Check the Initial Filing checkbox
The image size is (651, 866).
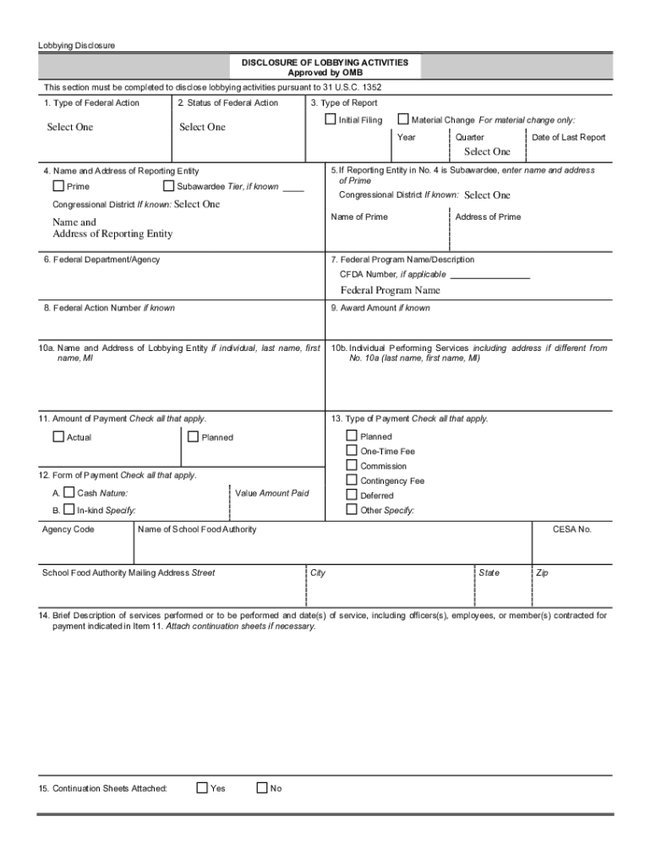tap(331, 119)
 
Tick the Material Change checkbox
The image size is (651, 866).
tap(403, 119)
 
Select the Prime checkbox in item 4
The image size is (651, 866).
tap(58, 186)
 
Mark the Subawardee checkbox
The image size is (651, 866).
tap(168, 186)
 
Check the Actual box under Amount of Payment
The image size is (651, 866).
tap(58, 436)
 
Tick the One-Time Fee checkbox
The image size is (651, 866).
tap(352, 451)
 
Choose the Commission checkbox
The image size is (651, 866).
tap(352, 465)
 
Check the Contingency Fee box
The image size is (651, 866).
tap(352, 480)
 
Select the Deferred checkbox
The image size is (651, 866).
tap(352, 495)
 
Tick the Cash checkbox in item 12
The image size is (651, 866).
tap(69, 492)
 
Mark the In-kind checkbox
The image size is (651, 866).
tap(69, 510)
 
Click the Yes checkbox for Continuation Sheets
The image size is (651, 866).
tap(202, 787)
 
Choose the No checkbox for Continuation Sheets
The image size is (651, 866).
tap(261, 787)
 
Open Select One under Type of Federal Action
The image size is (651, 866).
tap(69, 128)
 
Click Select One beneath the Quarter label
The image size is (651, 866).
tap(487, 152)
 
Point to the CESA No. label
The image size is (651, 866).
tap(572, 529)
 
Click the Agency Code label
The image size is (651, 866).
tap(68, 529)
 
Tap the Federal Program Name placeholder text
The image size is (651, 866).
tap(390, 290)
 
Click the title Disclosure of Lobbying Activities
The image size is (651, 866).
tap(325, 63)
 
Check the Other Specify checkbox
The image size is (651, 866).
tap(352, 510)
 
